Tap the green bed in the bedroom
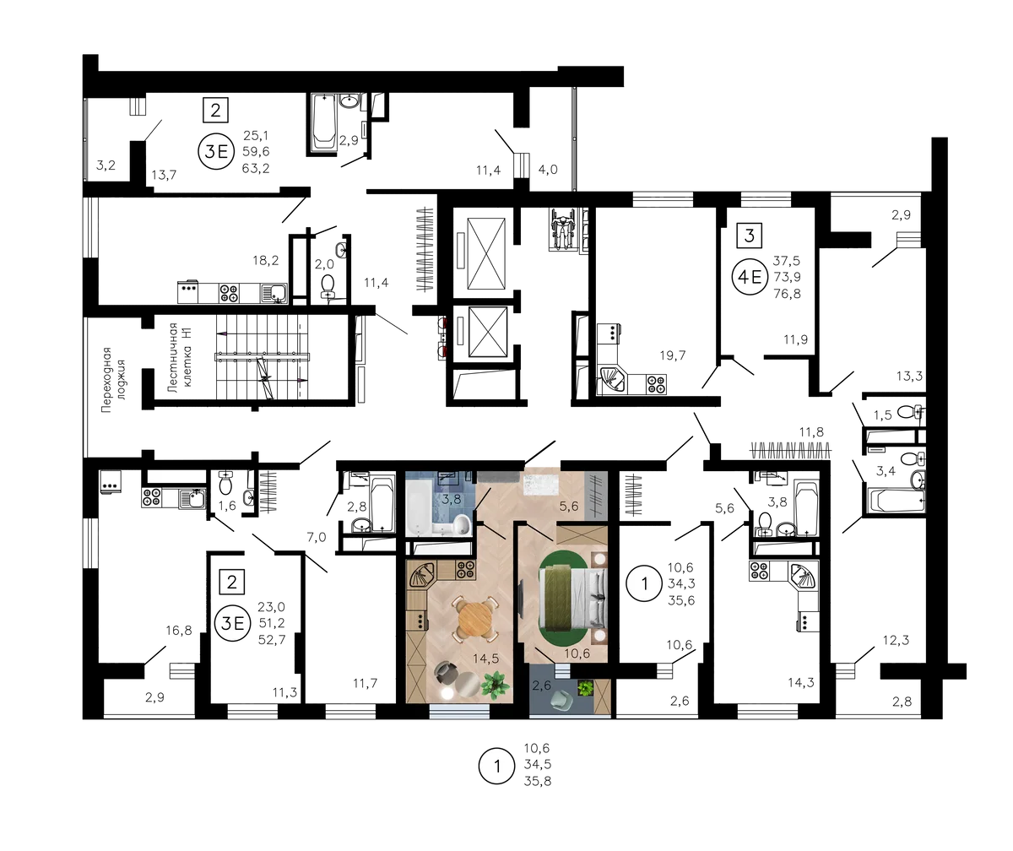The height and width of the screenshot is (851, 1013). [x=573, y=599]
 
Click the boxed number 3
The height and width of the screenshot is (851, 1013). [x=749, y=236]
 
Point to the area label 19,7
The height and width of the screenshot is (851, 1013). [x=673, y=355]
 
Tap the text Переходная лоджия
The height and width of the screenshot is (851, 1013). [x=113, y=380]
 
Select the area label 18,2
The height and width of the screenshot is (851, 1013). [x=265, y=261]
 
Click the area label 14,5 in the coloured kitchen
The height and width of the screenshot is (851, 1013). [x=485, y=659]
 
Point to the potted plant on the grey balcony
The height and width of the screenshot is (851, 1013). [x=586, y=687]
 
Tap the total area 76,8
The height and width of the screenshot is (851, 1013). [x=787, y=294]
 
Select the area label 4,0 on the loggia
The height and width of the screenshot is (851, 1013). [x=548, y=170]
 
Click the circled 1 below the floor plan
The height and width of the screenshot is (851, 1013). [x=497, y=767]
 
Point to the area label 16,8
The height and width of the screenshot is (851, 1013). [x=178, y=631]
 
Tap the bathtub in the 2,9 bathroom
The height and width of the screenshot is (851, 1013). [x=323, y=122]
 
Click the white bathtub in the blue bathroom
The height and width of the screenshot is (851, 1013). [x=416, y=507]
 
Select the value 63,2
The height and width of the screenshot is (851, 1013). [x=256, y=168]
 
